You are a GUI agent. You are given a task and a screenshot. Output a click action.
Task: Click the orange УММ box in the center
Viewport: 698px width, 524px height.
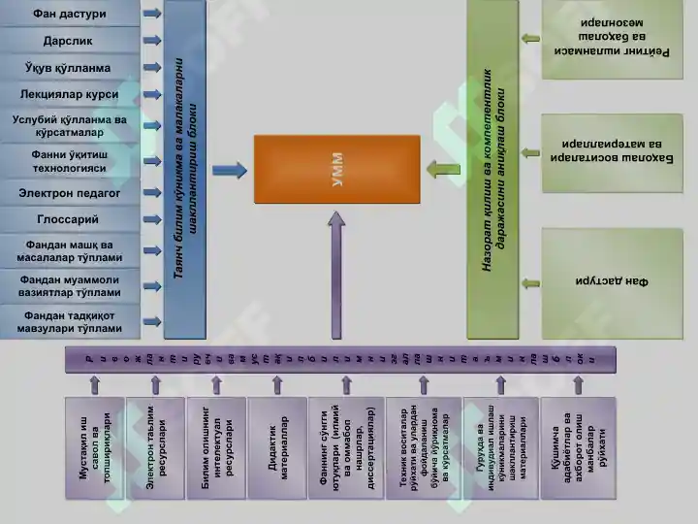[x=336, y=169]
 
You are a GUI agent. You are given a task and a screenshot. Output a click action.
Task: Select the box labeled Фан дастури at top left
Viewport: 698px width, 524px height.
[x=69, y=15]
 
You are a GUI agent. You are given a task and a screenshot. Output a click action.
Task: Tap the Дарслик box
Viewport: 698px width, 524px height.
[x=69, y=42]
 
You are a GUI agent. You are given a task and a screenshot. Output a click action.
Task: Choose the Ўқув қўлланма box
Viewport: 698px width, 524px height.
[x=69, y=69]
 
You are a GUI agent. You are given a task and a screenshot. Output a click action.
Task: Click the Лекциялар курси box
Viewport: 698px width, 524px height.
[x=69, y=95]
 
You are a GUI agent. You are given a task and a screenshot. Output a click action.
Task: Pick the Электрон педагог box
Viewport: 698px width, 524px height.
[x=69, y=193]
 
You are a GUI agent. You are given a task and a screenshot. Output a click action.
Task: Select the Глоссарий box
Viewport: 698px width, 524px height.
[x=69, y=220]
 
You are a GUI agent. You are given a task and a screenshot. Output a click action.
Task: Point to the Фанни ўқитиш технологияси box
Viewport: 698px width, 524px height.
[x=69, y=160]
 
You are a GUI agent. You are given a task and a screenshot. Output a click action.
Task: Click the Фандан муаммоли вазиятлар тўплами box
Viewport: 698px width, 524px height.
[x=69, y=285]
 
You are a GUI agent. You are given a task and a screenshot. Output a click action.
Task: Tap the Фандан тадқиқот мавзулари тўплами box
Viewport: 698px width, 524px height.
[x=69, y=321]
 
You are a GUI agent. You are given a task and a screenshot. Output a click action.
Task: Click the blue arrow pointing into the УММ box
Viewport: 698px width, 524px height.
[x=229, y=171]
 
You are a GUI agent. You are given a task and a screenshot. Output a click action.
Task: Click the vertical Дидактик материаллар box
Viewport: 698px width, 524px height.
[x=276, y=447]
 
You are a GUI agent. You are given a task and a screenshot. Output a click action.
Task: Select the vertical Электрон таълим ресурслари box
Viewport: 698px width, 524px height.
[x=155, y=447]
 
